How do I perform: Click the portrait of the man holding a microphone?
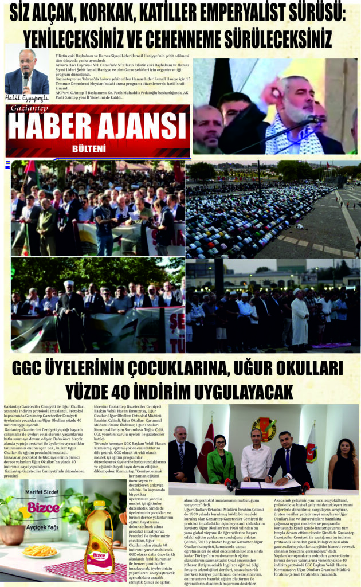click(26, 75)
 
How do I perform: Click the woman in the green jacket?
click(221, 459)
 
